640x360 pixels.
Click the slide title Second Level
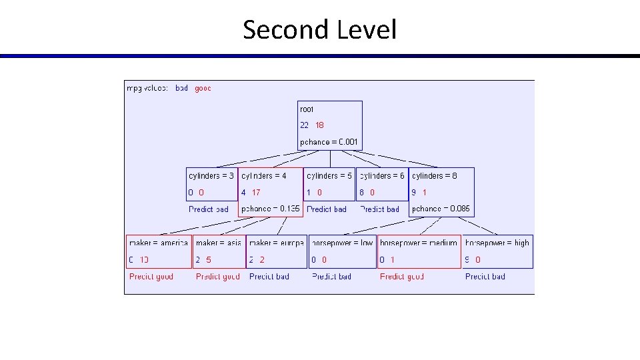(x=319, y=30)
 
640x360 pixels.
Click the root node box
(x=330, y=125)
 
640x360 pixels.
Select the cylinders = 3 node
(x=212, y=184)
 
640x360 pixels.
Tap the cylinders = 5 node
(x=330, y=184)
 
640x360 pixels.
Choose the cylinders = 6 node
(x=382, y=184)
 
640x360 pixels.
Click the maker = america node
(x=159, y=251)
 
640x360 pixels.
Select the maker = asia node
(x=219, y=251)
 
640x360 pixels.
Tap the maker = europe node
(x=276, y=251)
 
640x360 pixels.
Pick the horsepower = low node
(x=342, y=251)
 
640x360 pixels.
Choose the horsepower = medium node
(x=419, y=251)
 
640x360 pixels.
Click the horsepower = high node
(x=497, y=251)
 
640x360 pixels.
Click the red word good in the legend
(x=203, y=88)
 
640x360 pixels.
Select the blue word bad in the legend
(x=181, y=88)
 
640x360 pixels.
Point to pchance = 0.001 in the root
(x=329, y=142)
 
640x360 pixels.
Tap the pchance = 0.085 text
(x=441, y=209)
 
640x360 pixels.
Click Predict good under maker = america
(x=151, y=277)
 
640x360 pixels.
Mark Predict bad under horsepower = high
(x=485, y=277)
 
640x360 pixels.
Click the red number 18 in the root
(x=320, y=125)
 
